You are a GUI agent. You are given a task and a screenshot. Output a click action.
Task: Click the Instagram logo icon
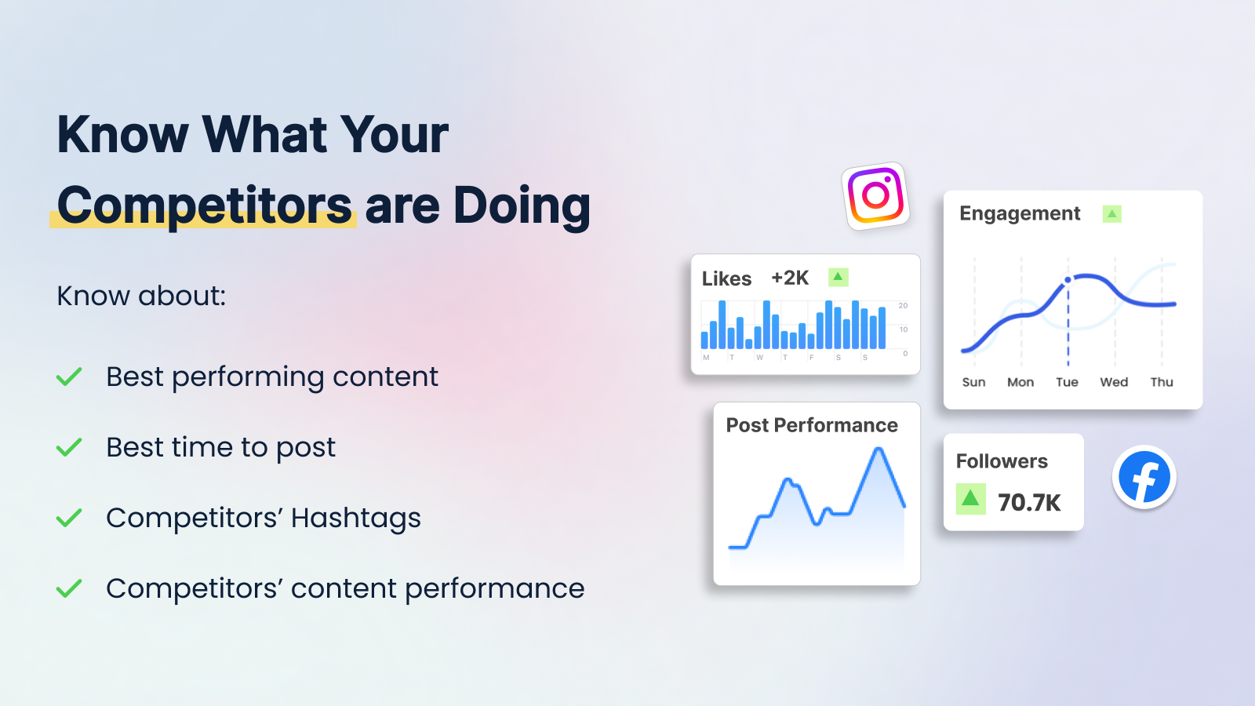coord(875,196)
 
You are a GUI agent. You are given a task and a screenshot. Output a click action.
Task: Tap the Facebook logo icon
coord(1144,477)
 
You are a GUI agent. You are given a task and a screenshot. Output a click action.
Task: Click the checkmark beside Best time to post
coord(69,447)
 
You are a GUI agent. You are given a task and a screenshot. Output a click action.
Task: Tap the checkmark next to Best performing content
coord(69,377)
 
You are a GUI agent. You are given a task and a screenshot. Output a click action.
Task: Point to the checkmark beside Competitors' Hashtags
coord(69,518)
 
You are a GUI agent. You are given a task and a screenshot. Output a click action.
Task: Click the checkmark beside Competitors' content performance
coord(69,588)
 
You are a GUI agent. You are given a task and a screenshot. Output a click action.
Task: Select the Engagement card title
coord(1020,214)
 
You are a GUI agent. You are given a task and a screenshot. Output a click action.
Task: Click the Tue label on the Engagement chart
coord(1067,382)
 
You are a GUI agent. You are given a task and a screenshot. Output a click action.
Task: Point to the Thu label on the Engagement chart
coord(1162,382)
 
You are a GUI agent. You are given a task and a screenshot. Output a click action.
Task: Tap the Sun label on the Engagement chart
coord(973,382)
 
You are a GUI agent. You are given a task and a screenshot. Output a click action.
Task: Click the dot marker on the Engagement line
coord(1068,279)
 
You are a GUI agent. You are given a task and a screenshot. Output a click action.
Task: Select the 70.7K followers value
coord(1029,503)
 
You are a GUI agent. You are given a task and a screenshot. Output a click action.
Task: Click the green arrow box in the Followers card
coord(970,499)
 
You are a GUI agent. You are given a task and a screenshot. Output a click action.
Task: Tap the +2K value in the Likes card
coord(790,278)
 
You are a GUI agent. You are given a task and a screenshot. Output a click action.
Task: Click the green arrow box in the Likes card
coord(838,277)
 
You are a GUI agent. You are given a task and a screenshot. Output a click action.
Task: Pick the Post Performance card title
coord(812,425)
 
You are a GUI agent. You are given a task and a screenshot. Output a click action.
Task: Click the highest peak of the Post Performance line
coord(878,449)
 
